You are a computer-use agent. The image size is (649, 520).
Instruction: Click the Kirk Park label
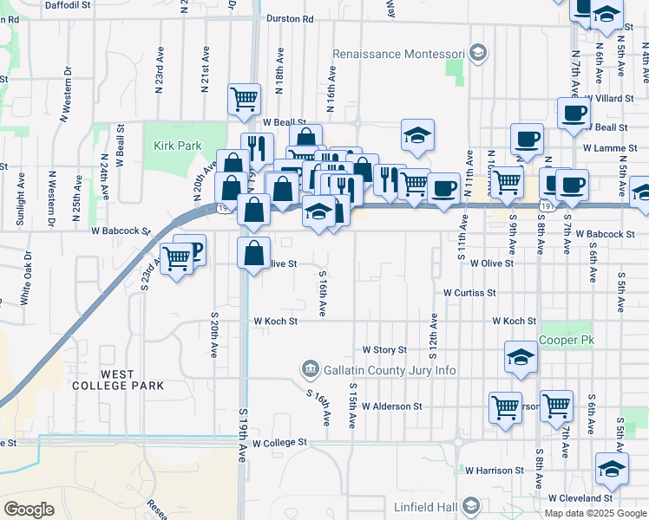coord(177,146)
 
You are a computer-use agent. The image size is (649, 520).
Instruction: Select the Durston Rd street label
coord(290,18)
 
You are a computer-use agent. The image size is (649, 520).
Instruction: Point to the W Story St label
coord(384,349)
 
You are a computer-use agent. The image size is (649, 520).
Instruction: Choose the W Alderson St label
coord(391,406)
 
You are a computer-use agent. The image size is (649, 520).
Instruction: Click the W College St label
coord(279,442)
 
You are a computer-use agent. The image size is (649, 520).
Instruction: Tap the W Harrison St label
coord(494,471)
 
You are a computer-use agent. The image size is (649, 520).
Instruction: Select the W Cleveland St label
coord(580,498)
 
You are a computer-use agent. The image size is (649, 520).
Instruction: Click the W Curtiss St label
coord(469,293)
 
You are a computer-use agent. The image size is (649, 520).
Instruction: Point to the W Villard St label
coord(609,99)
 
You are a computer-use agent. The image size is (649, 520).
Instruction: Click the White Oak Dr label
coord(26,277)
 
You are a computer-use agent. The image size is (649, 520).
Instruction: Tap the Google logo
coord(29,510)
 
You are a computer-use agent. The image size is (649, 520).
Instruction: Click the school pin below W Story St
coord(520,357)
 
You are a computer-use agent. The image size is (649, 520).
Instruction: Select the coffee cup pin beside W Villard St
coord(574,114)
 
